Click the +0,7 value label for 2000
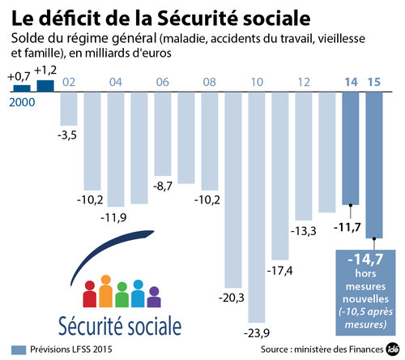pos(19,75)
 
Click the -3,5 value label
pos(68,134)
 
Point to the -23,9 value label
pos(258,333)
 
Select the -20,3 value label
pos(232,298)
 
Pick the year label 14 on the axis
pos(351,82)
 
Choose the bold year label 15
pos(374,82)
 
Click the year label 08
pos(209,82)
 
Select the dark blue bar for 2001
pos(45,85)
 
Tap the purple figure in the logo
pos(155,297)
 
